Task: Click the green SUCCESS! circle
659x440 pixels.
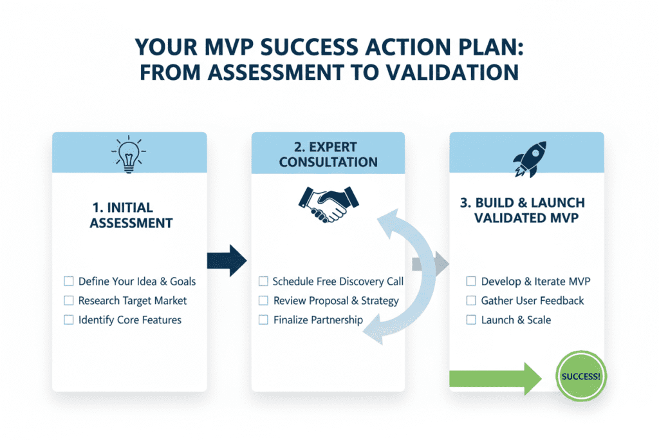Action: (x=581, y=376)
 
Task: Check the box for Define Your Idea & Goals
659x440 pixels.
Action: (x=69, y=282)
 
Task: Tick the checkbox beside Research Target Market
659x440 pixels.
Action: (x=69, y=301)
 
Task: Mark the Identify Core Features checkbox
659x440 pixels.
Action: (x=69, y=320)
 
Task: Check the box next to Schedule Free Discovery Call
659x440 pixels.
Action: (x=263, y=282)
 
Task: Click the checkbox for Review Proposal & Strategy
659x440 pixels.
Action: (x=263, y=301)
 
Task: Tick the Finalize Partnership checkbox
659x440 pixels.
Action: (x=263, y=320)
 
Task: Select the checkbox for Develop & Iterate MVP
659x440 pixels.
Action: (x=471, y=282)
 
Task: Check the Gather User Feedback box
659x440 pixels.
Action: (x=471, y=301)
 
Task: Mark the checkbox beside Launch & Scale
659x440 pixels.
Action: (x=471, y=320)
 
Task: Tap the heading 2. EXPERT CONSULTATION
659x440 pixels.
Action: (x=328, y=154)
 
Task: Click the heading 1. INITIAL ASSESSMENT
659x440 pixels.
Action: (x=131, y=216)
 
